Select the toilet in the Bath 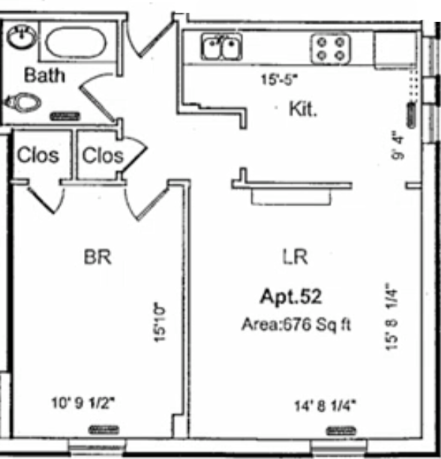point(22,100)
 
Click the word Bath point(44,75)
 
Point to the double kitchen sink point(221,49)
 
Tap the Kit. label point(303,109)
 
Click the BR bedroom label point(97,257)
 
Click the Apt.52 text point(291,296)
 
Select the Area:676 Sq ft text point(296,325)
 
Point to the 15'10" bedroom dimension point(158,322)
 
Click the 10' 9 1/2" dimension point(82,402)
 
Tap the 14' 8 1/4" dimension point(325,406)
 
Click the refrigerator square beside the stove point(394,49)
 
